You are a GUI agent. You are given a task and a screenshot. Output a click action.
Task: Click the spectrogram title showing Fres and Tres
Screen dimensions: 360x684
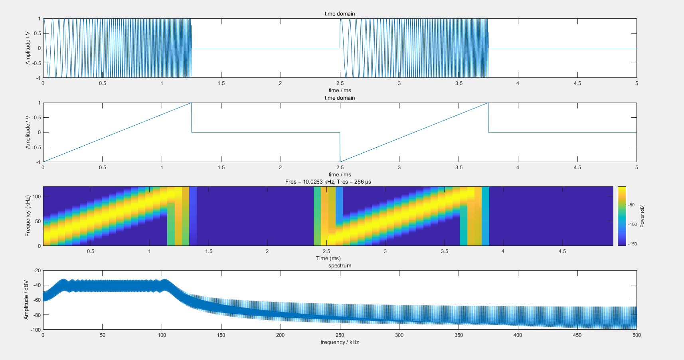coord(328,182)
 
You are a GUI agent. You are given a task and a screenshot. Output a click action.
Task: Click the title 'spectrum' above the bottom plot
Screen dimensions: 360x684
coord(340,265)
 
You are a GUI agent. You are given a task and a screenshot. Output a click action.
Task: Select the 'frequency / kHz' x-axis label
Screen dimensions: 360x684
coord(340,342)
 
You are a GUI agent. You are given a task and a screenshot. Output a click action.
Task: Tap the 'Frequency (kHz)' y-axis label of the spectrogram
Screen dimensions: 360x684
coord(28,216)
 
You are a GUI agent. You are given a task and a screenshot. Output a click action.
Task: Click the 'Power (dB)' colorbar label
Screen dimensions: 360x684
coord(642,216)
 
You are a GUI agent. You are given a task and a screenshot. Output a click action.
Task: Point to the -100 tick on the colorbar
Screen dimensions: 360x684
coord(633,224)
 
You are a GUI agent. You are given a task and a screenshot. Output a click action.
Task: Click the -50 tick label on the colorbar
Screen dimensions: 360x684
coord(631,205)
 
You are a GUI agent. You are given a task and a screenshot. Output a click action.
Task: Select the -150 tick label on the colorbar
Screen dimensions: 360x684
coord(633,244)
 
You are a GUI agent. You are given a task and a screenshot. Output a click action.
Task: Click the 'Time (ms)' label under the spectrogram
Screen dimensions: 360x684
coord(328,258)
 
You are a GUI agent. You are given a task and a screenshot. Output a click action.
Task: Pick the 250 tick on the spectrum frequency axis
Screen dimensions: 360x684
coord(340,335)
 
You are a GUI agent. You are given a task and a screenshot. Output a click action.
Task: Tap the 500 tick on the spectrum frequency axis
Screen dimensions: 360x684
coord(637,335)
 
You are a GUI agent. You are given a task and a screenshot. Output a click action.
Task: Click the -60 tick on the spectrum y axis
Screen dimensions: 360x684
coord(37,300)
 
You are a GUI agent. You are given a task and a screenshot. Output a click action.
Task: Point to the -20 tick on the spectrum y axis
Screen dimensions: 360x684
coord(37,270)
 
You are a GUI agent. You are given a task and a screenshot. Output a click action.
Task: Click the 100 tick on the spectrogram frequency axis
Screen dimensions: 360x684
coord(37,196)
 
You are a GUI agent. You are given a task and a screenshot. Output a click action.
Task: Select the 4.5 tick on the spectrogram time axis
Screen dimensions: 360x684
coord(562,251)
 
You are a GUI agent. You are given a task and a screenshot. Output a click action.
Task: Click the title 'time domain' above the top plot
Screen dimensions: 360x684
coord(340,14)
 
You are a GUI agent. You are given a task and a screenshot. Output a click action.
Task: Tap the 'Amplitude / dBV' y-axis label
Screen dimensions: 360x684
coord(26,300)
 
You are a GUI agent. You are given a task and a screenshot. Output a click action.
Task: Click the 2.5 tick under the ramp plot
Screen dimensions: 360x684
coord(340,167)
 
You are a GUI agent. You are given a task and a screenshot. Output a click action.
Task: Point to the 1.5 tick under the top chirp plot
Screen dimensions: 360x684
coord(221,83)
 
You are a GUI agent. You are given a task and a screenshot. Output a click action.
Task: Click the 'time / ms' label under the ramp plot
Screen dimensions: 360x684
coord(340,174)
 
